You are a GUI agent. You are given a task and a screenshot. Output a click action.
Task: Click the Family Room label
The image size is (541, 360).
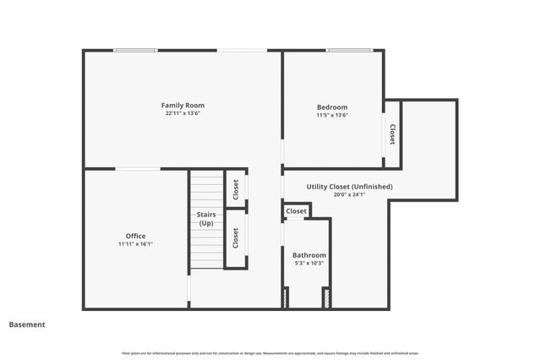[183, 106]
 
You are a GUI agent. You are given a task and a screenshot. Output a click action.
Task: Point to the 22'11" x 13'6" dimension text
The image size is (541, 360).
[183, 114]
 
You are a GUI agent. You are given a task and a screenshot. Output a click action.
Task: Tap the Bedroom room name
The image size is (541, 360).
[331, 107]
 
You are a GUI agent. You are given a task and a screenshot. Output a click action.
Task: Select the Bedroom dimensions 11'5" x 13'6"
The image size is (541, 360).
[331, 115]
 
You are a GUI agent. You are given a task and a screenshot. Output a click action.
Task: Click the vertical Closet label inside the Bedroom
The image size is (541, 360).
[392, 134]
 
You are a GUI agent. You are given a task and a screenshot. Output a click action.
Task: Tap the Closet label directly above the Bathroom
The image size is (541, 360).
[297, 211]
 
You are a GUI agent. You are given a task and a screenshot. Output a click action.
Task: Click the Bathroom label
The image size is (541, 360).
[309, 255]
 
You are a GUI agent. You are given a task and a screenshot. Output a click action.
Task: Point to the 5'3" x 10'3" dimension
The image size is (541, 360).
[309, 263]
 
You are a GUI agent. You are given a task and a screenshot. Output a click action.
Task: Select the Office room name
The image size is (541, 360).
[135, 236]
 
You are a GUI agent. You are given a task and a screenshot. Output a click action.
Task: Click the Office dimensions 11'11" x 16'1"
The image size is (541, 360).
[135, 243]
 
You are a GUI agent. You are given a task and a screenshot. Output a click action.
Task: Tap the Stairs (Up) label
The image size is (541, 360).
[206, 219]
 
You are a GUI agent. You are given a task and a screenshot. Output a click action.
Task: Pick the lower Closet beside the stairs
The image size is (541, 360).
[236, 238]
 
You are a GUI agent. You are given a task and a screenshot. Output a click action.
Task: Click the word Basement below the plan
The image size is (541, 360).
[27, 325]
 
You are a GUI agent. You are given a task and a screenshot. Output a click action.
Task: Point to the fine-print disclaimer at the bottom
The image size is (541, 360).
[270, 352]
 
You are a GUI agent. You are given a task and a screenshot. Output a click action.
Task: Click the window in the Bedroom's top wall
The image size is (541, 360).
[349, 51]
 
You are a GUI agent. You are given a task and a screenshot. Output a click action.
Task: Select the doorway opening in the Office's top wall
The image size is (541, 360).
[138, 169]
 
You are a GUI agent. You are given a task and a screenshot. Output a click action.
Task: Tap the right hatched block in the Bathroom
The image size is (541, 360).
[325, 297]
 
